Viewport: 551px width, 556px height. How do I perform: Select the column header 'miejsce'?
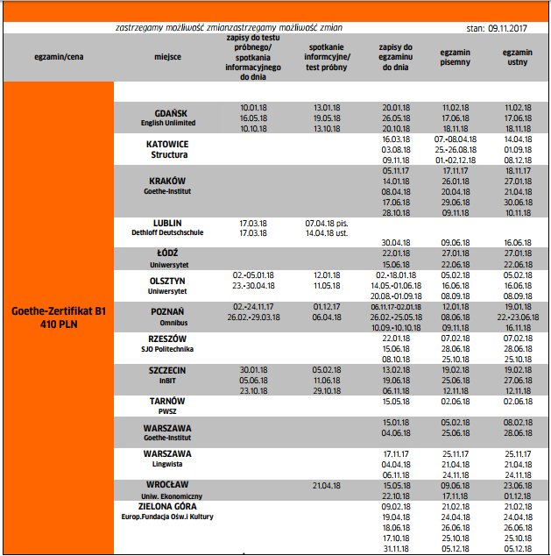tap(167, 58)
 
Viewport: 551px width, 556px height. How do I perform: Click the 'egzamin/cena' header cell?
tap(58, 58)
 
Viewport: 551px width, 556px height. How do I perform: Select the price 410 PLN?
tap(58, 324)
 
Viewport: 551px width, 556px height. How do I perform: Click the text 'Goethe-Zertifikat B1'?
tap(58, 310)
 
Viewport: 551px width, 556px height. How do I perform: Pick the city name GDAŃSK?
tap(170, 113)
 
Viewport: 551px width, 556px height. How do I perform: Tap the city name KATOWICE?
tap(169, 143)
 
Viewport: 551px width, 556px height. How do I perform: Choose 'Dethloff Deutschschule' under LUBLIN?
tap(169, 234)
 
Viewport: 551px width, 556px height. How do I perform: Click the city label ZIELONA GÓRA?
tap(169, 507)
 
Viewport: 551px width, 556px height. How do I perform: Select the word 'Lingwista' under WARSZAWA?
tap(168, 463)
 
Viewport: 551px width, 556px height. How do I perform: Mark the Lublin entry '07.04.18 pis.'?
tap(328, 224)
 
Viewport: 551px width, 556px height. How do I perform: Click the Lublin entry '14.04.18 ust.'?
tap(328, 234)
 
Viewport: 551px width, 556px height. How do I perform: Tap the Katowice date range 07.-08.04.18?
tap(456, 139)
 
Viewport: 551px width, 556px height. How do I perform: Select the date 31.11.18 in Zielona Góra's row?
tap(396, 548)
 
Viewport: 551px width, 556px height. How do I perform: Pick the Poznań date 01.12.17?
tap(327, 307)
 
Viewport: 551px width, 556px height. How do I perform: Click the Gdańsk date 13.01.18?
tap(327, 107)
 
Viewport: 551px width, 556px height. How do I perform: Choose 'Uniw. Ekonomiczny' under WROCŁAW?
tap(169, 495)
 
